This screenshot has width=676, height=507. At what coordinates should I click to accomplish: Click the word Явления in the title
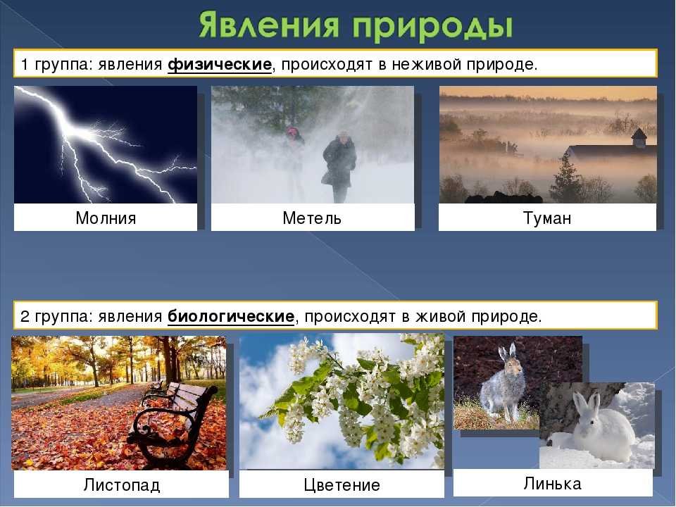pos(268,25)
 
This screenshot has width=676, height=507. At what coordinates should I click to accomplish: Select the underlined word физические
pos(220,65)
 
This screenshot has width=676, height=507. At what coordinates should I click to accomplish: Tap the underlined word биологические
pos(231,317)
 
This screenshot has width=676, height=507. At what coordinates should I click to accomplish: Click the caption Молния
pos(106,218)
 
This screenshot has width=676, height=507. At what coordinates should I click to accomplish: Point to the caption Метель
pos(312,218)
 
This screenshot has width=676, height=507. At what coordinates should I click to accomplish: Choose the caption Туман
pos(547,218)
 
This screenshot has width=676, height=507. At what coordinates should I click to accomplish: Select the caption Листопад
pos(122,485)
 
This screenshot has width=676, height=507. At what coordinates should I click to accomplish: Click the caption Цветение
pos(342,485)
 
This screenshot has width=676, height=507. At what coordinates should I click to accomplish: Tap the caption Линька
pos(552,483)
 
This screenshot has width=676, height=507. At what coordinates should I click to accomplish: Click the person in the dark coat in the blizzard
pos(339,166)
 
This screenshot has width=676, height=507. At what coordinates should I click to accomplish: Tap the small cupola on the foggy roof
pos(639,138)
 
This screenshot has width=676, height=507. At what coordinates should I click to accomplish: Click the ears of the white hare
pos(587,402)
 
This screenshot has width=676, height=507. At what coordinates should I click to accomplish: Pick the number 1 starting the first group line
pos(25,65)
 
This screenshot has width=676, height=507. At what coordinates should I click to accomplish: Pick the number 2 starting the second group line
pos(25,317)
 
